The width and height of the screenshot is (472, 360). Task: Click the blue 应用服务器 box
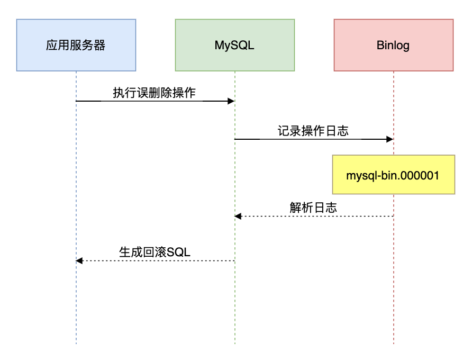[76, 45]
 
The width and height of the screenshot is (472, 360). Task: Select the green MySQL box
[234, 45]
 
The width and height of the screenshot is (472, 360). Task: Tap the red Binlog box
[393, 45]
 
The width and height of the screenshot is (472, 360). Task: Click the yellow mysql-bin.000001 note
[393, 175]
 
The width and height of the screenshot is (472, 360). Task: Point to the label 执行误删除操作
[154, 93]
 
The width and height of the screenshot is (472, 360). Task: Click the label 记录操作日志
[313, 131]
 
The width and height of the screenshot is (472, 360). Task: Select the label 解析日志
[313, 208]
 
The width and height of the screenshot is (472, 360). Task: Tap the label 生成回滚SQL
[155, 253]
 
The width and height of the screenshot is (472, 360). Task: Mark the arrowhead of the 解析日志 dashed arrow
[238, 216]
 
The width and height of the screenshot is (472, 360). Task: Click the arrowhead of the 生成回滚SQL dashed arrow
[79, 260]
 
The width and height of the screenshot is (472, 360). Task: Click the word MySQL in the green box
[234, 45]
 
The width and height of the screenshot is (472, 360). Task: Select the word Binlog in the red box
[393, 45]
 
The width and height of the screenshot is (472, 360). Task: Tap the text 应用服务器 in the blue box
[76, 45]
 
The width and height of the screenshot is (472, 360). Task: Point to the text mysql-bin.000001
[393, 175]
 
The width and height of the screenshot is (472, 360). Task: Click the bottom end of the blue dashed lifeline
[76, 343]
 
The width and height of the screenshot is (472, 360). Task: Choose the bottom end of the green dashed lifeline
[235, 343]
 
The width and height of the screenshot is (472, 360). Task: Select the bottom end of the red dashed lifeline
[394, 343]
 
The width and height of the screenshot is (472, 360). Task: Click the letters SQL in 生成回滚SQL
[179, 253]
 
